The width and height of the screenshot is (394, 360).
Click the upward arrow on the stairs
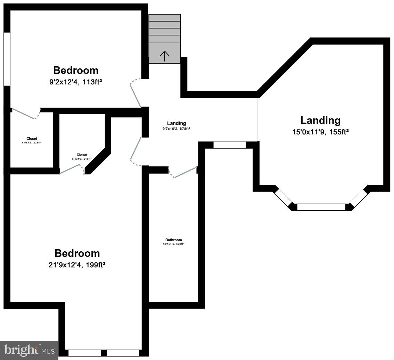pos(165,56)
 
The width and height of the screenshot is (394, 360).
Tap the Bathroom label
pos(173,240)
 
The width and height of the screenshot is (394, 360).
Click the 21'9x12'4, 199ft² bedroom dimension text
pos(77,265)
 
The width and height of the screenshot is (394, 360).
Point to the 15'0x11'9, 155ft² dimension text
pos(320,132)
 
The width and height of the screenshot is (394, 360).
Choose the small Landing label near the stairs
pos(177,123)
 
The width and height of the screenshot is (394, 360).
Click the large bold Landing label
pos(320,120)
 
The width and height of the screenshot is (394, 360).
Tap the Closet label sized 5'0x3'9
pos(32,139)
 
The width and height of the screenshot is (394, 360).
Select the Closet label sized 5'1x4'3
pos(82,155)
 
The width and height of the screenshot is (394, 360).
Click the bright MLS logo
pos(29,350)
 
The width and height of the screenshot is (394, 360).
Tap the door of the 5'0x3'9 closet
pos(24,114)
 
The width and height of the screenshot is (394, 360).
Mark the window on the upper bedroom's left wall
pos(7,59)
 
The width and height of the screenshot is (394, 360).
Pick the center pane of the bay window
pos(321,207)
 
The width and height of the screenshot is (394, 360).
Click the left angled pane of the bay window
pos(284,198)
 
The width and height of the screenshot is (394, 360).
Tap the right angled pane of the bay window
pos(359,198)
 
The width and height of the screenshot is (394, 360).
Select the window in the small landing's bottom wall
pos(229,145)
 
